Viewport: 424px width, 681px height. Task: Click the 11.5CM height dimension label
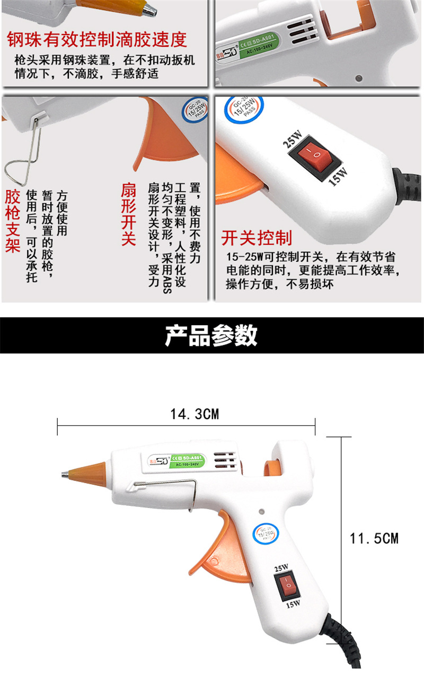click(x=374, y=538)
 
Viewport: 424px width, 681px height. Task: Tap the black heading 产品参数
click(x=211, y=335)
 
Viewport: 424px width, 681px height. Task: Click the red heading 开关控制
click(x=256, y=237)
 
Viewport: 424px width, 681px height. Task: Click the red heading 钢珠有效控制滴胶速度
click(x=97, y=39)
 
